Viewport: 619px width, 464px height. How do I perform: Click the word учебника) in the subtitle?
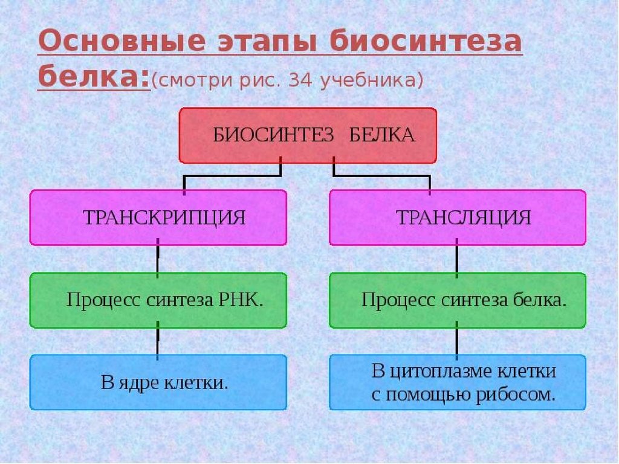pos(372,80)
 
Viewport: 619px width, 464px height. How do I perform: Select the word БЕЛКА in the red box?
pos(382,135)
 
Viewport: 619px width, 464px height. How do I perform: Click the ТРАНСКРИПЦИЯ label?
pos(164,217)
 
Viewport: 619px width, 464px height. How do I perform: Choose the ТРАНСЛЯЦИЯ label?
pos(464,217)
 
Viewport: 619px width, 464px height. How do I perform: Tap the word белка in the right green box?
pos(540,300)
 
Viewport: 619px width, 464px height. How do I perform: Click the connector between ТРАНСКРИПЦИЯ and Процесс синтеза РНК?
pos(158,259)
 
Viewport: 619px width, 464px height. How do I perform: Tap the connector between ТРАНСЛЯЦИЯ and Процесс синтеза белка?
pos(457,259)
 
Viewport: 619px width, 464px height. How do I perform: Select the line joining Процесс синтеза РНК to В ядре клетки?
pos(158,341)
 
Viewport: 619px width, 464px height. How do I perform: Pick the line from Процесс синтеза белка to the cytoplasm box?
pos(457,341)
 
